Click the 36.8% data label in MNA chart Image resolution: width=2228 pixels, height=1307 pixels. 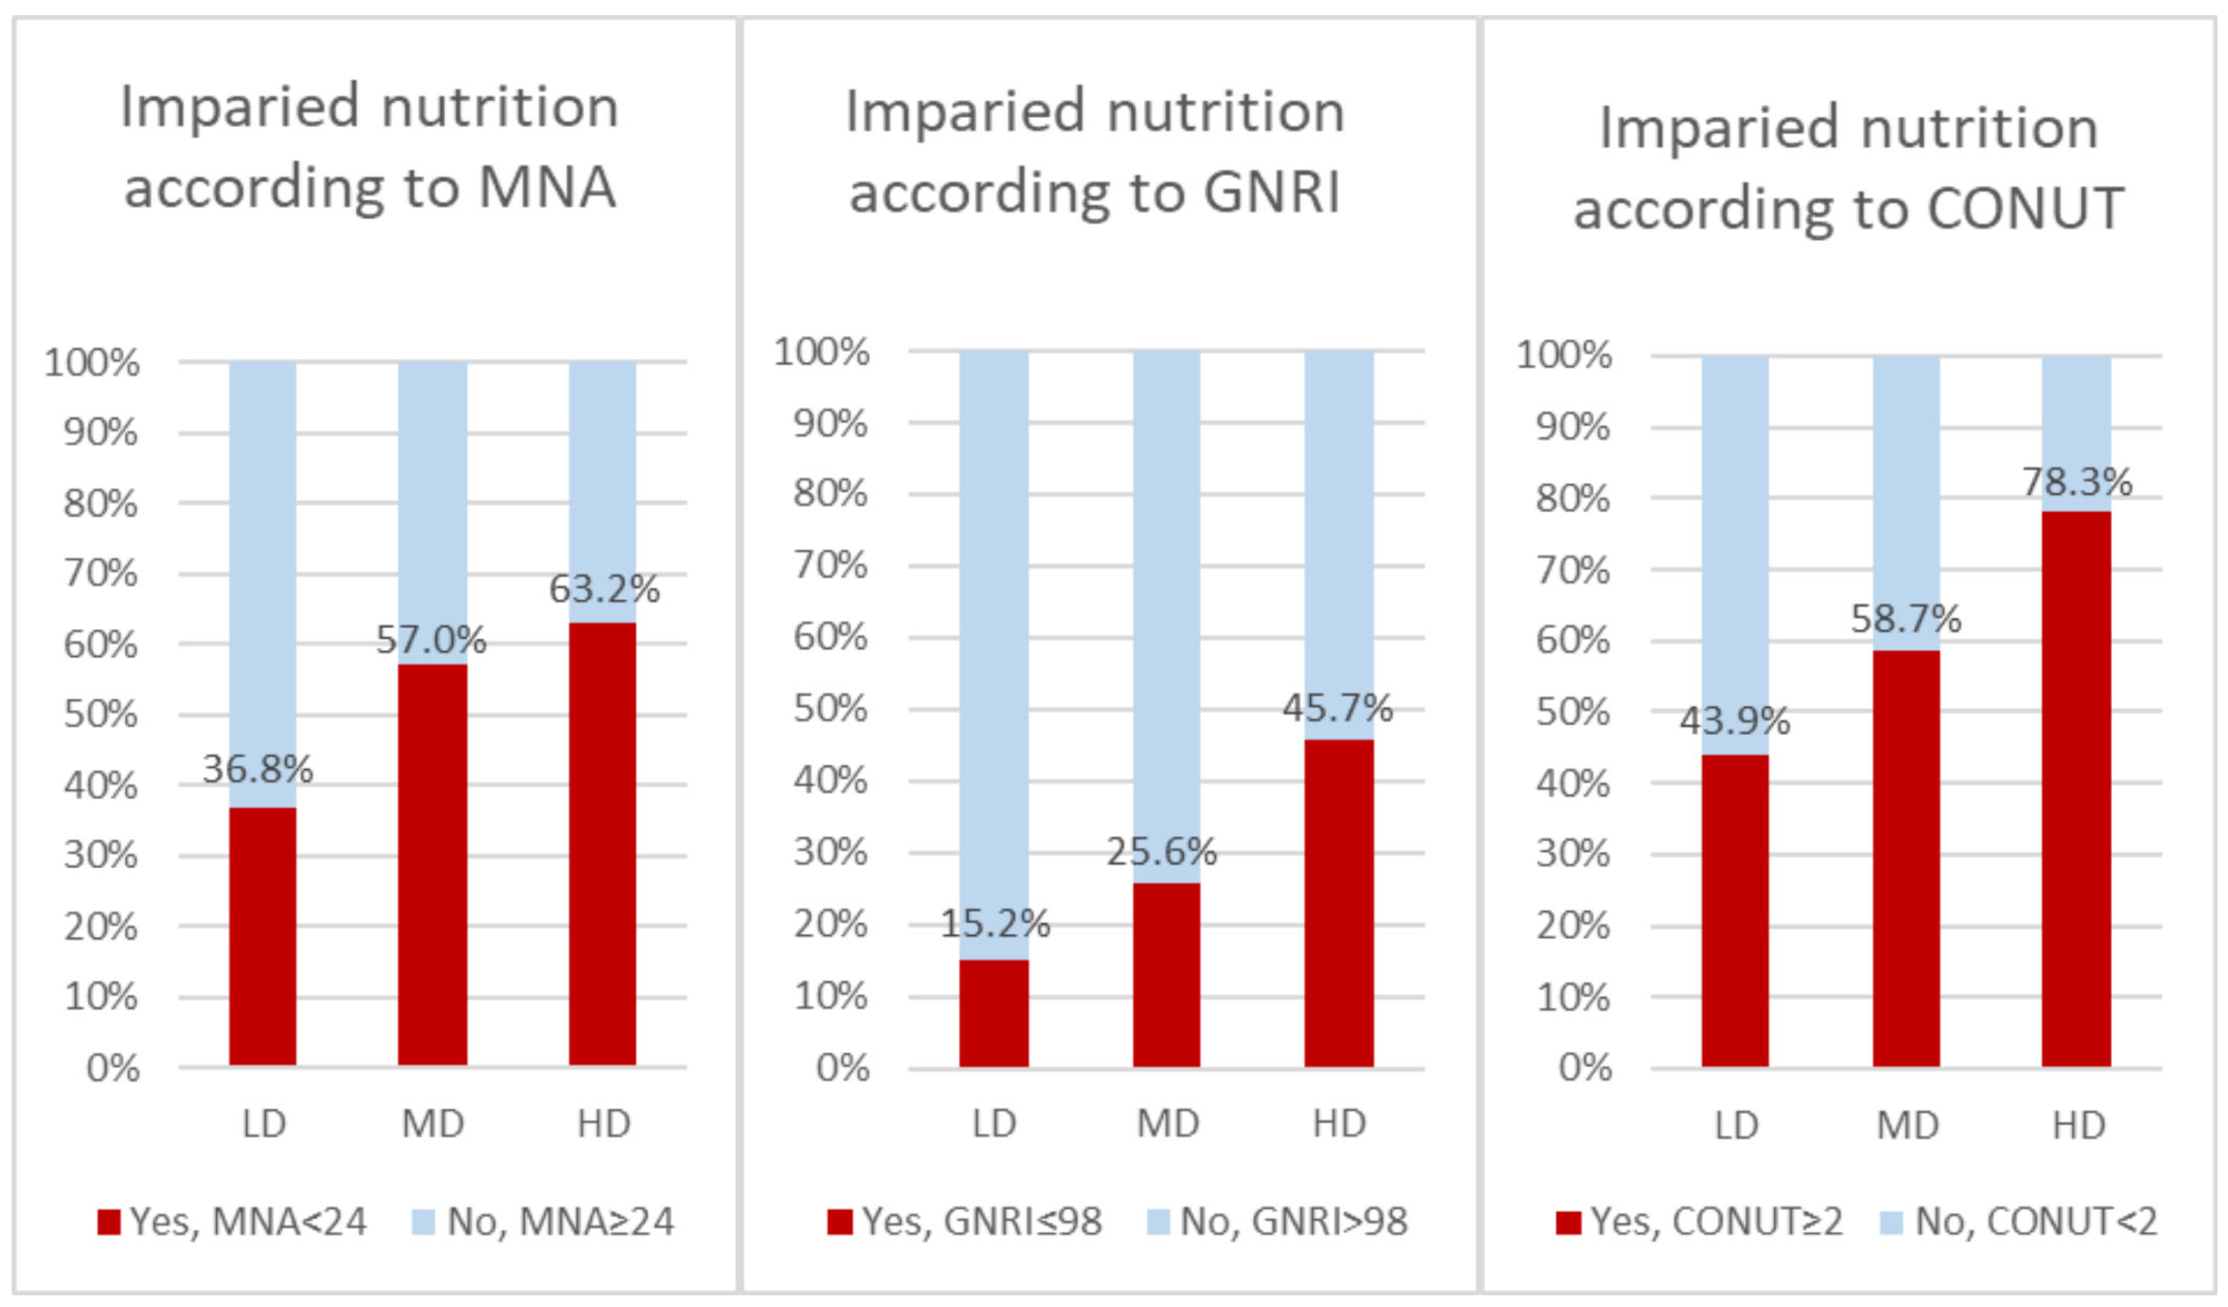(x=257, y=769)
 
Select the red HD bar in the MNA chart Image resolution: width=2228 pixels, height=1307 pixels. (x=602, y=845)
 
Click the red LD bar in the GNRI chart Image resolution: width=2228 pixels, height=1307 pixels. (x=994, y=1014)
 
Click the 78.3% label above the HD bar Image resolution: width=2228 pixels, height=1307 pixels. (x=2077, y=482)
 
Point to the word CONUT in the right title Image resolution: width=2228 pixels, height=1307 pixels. (x=2024, y=209)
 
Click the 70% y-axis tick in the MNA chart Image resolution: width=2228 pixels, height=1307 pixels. (x=100, y=573)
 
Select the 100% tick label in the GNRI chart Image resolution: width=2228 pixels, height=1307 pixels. (x=821, y=352)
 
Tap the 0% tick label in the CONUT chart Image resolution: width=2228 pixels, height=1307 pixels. (x=1584, y=1067)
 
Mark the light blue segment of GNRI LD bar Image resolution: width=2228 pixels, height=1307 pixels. (x=994, y=654)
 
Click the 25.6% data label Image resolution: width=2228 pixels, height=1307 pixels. (x=1162, y=852)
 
